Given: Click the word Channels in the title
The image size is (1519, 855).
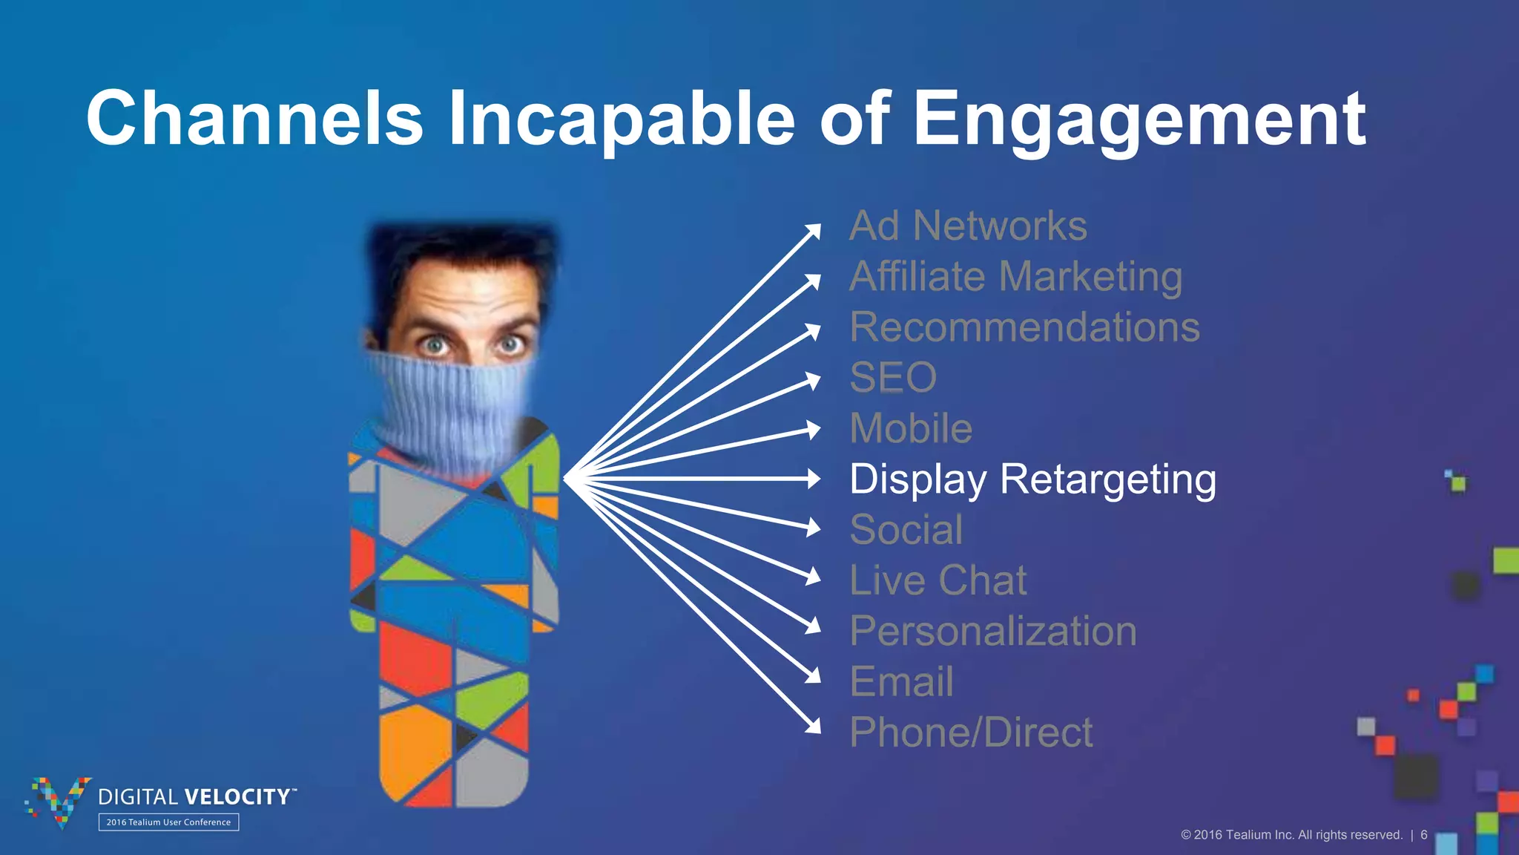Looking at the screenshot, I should pos(254,119).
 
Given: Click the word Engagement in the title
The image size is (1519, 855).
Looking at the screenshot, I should pos(1139,119).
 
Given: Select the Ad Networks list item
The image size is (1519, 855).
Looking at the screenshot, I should pos(968,226).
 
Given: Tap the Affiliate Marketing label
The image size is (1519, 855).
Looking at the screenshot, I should pos(1016,277).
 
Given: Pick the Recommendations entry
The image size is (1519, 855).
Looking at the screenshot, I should pos(1024,327).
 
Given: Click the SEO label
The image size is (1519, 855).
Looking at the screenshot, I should pos(893,378).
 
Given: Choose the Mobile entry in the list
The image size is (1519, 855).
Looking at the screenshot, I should pos(911,428).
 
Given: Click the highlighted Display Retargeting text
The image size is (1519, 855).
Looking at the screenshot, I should pos(1032,479).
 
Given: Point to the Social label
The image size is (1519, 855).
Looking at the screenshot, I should pos(906,530).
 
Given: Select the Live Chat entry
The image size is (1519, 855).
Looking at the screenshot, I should pos(938,580).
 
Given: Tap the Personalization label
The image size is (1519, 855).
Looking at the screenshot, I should pos(993,632).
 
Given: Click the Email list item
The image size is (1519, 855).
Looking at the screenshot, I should pos(901,682).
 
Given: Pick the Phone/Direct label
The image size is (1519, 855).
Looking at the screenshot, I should pos(971,733).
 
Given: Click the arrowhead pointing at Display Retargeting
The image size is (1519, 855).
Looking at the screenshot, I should pos(814,479).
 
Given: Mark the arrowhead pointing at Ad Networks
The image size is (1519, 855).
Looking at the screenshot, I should pos(814,230).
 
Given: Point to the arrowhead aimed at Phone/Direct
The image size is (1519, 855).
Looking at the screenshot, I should pos(814,727).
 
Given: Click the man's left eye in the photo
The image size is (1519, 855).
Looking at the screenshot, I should pos(510,345).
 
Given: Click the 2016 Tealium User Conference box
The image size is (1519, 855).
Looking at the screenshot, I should pos(168,822).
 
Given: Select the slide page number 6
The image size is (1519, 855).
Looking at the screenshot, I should pos(1424,835).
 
